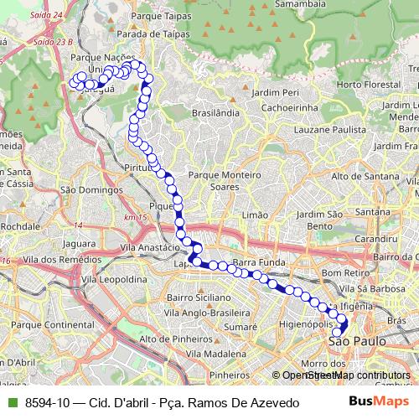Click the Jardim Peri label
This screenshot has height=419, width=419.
[x=275, y=92]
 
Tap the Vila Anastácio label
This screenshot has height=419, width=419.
[x=151, y=248]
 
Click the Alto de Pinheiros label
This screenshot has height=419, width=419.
[x=174, y=339]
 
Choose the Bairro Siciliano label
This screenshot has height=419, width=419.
[x=198, y=297]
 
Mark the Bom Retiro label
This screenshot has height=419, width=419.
[x=340, y=273]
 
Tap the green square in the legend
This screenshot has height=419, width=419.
[x=11, y=403]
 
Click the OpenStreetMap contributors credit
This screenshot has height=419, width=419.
[x=346, y=375]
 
